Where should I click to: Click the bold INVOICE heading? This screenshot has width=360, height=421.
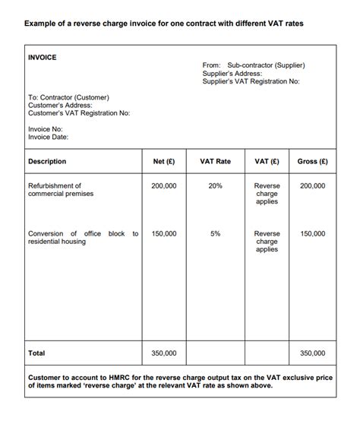tap(42, 57)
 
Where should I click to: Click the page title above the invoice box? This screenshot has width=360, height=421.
tap(163, 24)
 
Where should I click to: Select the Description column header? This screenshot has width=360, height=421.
tap(47, 162)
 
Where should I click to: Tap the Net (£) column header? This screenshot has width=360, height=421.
tap(164, 162)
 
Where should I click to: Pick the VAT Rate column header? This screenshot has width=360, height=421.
tap(215, 162)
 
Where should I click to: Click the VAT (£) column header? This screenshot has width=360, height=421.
tap(267, 162)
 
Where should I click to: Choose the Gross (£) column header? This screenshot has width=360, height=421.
tap(312, 162)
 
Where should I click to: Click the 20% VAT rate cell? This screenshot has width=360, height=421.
tap(215, 185)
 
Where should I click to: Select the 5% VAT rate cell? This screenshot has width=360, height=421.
tap(215, 234)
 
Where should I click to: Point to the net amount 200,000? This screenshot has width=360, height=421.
tap(164, 185)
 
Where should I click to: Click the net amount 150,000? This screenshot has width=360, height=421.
tap(164, 234)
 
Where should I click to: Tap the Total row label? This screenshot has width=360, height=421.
tap(36, 353)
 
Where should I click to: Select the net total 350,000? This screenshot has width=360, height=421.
tap(164, 353)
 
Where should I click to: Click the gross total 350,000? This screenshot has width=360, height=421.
tap(312, 353)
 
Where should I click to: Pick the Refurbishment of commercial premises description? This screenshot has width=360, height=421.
tap(60, 190)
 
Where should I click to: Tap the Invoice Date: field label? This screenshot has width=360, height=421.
tap(49, 137)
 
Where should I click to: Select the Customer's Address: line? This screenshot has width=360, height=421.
tap(59, 106)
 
